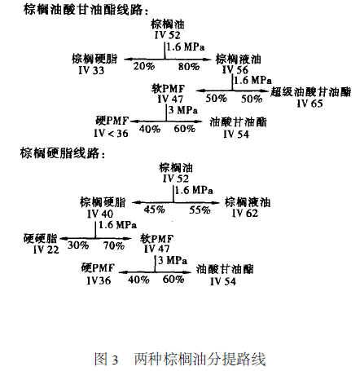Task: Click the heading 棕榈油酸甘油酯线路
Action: point(83,11)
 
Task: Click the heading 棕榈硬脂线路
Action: point(59,153)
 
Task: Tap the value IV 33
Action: point(91,70)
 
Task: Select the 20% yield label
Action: point(144,66)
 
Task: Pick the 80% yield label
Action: point(189,66)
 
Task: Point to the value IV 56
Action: point(235,69)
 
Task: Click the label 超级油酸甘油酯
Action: point(310,92)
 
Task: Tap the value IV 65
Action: point(310,104)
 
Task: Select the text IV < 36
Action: point(111,134)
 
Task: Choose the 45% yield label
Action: point(154,210)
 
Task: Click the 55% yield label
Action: point(200,210)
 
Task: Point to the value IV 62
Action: point(245,213)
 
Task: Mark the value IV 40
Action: point(100,214)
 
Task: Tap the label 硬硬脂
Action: point(41,238)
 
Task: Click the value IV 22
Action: point(46,250)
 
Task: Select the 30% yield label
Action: point(78,245)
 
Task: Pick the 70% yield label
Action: point(114,245)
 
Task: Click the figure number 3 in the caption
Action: point(115,360)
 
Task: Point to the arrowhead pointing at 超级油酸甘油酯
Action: point(265,91)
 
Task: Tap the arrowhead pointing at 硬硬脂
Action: point(64,239)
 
